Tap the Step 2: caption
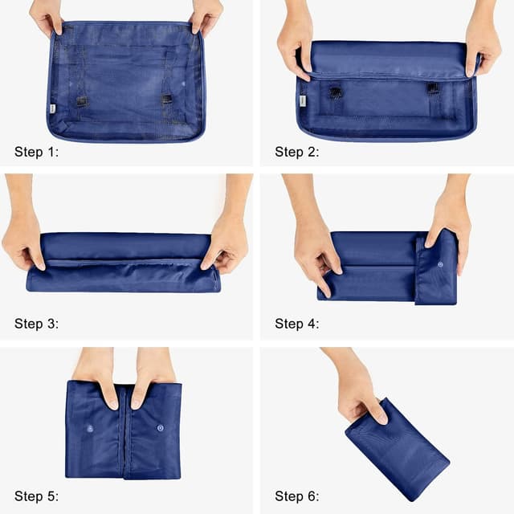(297, 152)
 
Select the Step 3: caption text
(37, 324)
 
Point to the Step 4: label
(297, 324)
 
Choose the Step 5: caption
(37, 496)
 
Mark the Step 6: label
(297, 496)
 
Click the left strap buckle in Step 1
(82, 101)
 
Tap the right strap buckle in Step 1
(167, 100)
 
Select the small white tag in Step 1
(52, 108)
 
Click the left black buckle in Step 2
(336, 92)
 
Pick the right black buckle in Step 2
(434, 88)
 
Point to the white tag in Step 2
(303, 102)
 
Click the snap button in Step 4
(441, 263)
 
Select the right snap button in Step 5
(160, 428)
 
